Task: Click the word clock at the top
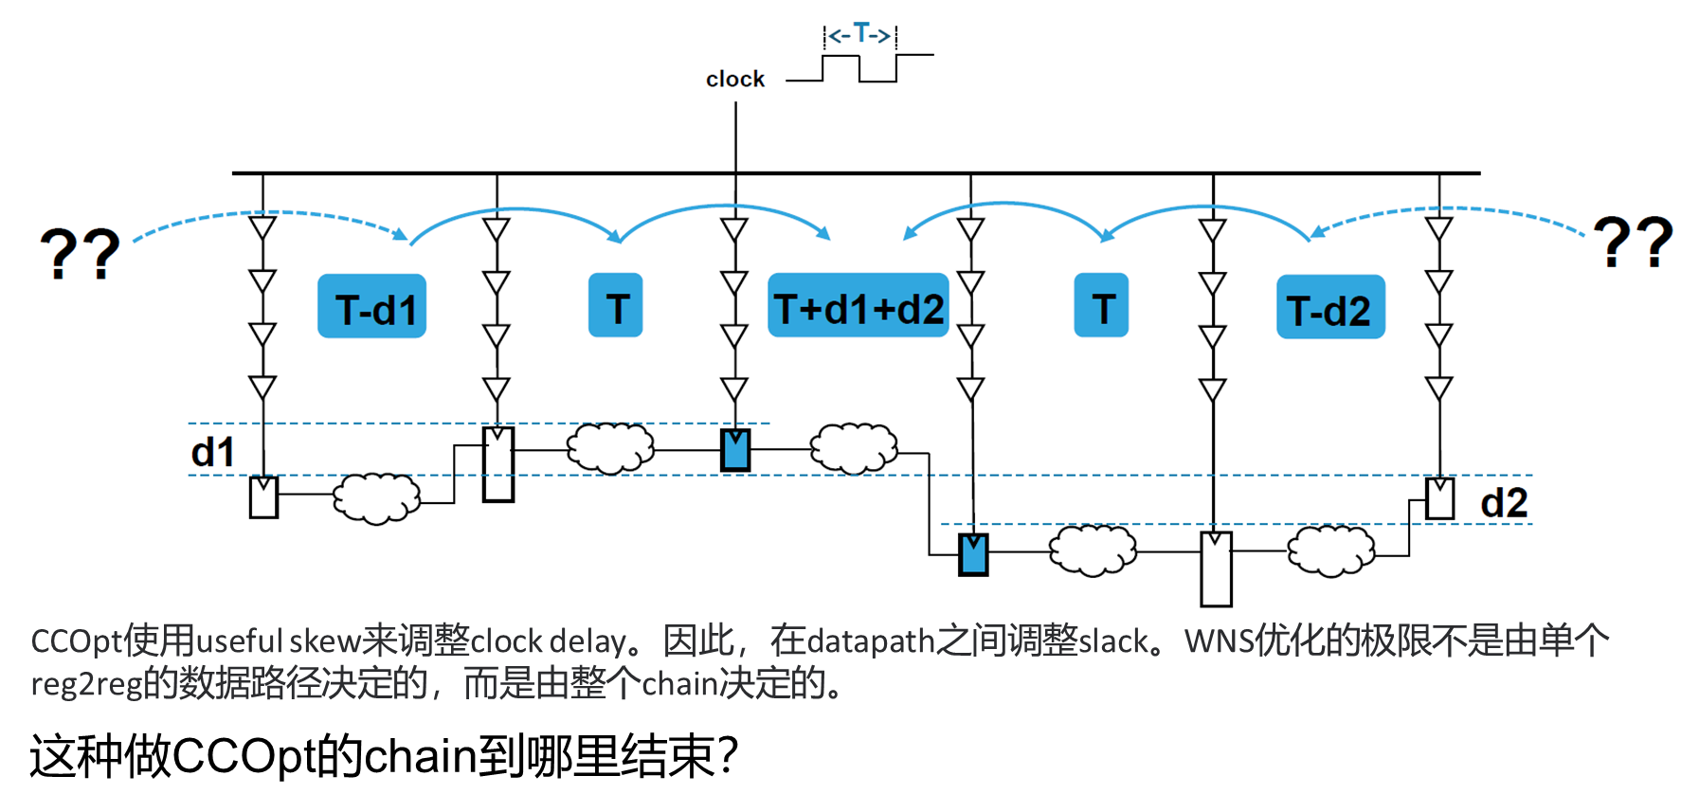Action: (x=734, y=80)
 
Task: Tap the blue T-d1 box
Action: (x=371, y=306)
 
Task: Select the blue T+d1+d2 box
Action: (x=859, y=306)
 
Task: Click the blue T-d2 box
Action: (x=1330, y=307)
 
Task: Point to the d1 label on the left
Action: (x=213, y=452)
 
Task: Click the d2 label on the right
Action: (x=1504, y=503)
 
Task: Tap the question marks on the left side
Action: (x=80, y=253)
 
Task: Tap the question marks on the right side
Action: (x=1633, y=241)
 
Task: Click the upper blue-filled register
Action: (x=735, y=450)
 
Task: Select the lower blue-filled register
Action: (x=973, y=554)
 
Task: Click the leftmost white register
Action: (x=263, y=497)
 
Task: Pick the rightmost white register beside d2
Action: (x=1439, y=498)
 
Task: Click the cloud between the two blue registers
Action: (x=854, y=448)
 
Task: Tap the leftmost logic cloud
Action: (x=376, y=496)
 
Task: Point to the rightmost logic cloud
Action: (x=1330, y=550)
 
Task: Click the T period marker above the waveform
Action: (x=860, y=35)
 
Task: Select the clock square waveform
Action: (x=859, y=68)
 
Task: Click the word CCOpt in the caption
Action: (x=76, y=641)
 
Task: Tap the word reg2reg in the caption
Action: (x=85, y=683)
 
